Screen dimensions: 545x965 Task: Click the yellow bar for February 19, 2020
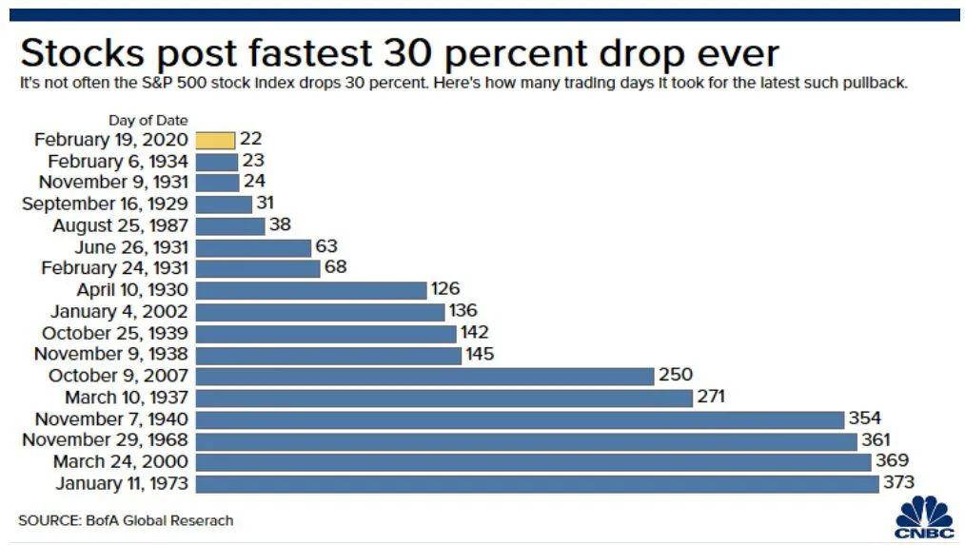215,140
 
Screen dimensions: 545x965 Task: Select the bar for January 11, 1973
537,484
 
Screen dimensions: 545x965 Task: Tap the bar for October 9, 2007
424,376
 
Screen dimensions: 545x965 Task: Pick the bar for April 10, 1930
311,290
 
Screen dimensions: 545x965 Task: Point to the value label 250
675,376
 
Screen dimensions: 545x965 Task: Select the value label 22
249,140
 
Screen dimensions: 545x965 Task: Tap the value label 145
479,354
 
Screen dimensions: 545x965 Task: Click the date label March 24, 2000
120,462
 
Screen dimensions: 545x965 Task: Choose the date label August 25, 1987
120,225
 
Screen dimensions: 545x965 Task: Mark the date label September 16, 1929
105,204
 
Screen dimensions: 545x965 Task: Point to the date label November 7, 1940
111,418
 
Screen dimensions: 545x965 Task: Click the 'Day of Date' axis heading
148,120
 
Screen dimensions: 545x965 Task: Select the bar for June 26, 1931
253,247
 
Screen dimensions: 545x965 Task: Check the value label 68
335,268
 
